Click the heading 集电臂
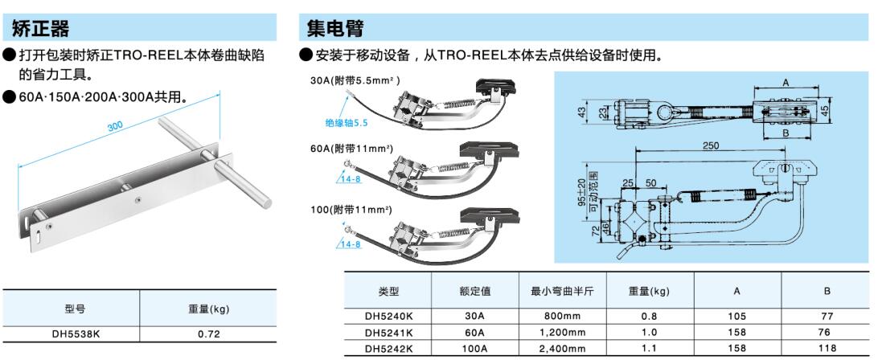point(334,27)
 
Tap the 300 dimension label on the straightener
point(115,126)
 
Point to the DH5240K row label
point(388,317)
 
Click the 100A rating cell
point(476,348)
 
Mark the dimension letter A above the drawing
point(786,82)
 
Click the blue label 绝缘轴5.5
point(347,123)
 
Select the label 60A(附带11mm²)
point(351,149)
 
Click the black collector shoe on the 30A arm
point(496,85)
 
